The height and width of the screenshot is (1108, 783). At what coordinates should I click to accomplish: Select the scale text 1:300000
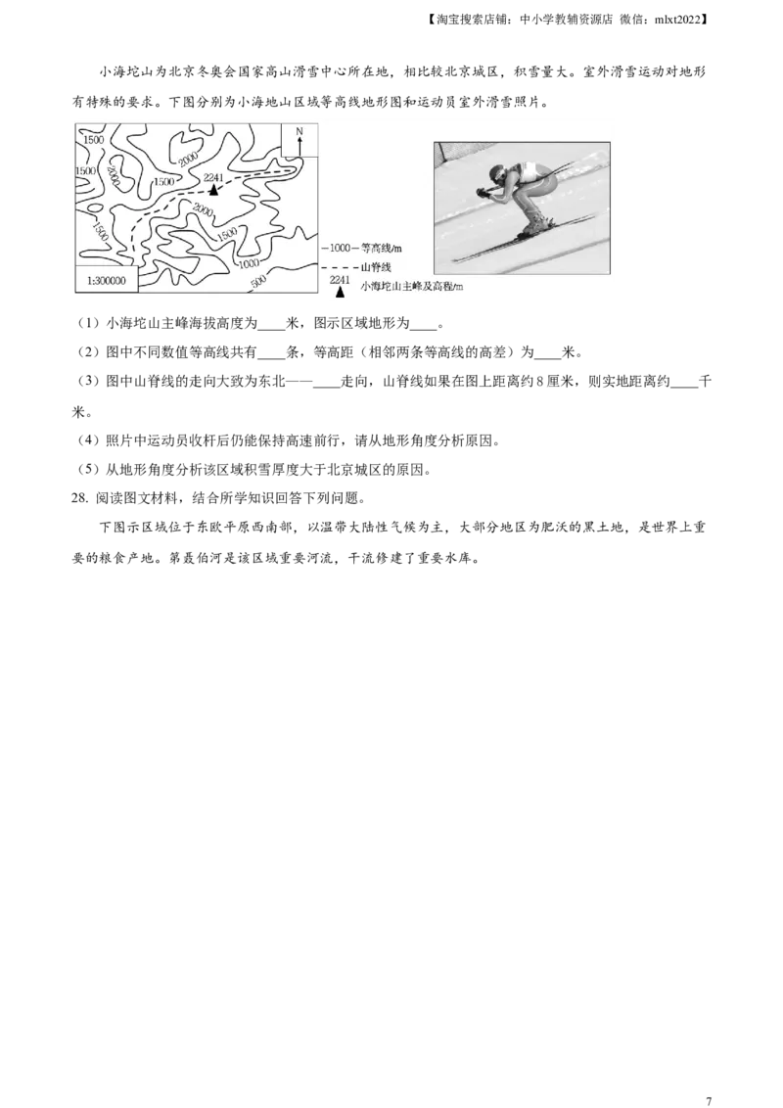point(107,279)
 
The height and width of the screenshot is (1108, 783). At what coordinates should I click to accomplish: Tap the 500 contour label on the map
point(258,283)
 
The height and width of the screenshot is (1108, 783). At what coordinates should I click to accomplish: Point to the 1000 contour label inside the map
point(249,262)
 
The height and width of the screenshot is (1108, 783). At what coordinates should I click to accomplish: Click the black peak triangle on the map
point(213,190)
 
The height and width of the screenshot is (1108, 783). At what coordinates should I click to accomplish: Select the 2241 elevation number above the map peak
point(213,178)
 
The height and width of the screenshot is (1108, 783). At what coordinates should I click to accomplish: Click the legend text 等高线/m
point(382,250)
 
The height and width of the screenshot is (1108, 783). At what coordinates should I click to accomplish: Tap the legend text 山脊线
point(376,267)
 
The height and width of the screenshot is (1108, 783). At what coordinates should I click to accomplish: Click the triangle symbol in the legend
point(340,291)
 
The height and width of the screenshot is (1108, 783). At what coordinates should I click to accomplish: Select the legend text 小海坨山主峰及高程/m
point(411,286)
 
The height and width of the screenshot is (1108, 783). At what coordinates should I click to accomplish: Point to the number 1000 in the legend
point(340,250)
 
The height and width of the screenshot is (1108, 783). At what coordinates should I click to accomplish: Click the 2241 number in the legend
point(340,280)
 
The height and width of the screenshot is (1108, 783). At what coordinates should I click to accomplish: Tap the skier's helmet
point(499,175)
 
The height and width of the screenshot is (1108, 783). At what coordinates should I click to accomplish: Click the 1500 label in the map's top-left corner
point(94,140)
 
